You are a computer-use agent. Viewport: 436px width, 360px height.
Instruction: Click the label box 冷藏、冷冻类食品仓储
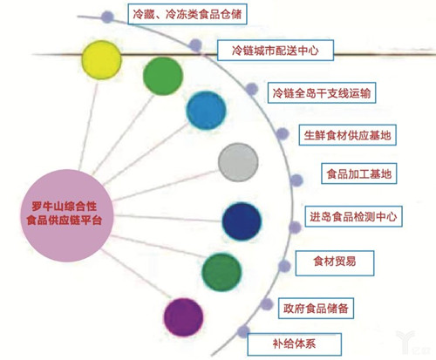pyautogui.click(x=187, y=14)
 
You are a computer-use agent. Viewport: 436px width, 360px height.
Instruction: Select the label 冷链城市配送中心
pyautogui.click(x=276, y=51)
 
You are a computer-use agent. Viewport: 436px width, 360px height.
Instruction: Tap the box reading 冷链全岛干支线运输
pyautogui.click(x=322, y=93)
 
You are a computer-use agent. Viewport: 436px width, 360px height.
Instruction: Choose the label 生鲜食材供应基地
pyautogui.click(x=347, y=135)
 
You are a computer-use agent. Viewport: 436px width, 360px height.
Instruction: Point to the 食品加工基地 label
pyautogui.click(x=359, y=173)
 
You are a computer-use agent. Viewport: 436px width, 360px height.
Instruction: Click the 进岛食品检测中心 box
pyautogui.click(x=353, y=216)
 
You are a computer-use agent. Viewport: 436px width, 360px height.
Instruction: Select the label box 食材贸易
pyautogui.click(x=335, y=263)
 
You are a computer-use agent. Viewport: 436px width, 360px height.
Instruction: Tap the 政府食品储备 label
pyautogui.click(x=316, y=309)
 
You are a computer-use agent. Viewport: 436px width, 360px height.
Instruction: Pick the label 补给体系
pyautogui.click(x=295, y=344)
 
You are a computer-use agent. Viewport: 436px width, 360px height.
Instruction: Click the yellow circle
pyautogui.click(x=101, y=60)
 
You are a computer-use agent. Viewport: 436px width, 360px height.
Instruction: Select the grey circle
pyautogui.click(x=238, y=162)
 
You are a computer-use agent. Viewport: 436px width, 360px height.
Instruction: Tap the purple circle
pyautogui.click(x=183, y=317)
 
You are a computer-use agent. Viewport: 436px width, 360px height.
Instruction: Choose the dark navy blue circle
pyautogui.click(x=242, y=221)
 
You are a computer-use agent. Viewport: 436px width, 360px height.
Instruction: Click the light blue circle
pyautogui.click(x=206, y=111)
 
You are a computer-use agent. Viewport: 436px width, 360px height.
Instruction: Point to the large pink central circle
pyautogui.click(x=66, y=215)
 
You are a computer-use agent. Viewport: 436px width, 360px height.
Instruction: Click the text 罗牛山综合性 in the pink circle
pyautogui.click(x=64, y=207)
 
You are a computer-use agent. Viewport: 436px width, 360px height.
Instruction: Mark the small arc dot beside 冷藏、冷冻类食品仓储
pyautogui.click(x=107, y=17)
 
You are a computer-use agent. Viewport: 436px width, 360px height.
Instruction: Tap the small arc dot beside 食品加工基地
pyautogui.click(x=296, y=180)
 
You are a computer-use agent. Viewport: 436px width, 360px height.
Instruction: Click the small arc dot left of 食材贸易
pyautogui.click(x=284, y=266)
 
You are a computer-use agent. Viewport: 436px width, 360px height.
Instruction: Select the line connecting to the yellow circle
pyautogui.click(x=88, y=125)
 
